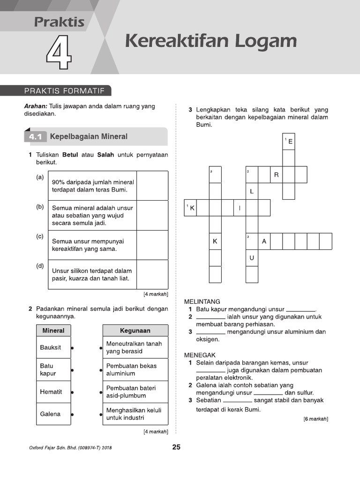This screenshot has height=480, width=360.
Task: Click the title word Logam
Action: coord(262,41)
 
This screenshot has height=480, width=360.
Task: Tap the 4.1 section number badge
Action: coord(35,137)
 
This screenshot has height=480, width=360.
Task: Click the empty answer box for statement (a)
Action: coord(152,186)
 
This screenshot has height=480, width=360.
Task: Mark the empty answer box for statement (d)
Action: coord(152,275)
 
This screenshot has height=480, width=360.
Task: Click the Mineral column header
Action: coord(53,330)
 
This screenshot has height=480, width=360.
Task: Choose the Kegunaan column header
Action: coord(135,330)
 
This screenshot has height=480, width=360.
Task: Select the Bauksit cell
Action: coord(53,348)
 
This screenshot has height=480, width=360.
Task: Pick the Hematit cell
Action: coord(53,392)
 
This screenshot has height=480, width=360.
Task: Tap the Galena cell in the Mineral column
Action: coord(53,414)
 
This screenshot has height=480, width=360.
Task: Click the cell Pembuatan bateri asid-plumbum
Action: coord(135,392)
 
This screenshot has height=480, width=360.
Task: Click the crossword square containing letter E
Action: coord(289,141)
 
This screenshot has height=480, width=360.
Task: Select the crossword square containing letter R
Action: coord(277,175)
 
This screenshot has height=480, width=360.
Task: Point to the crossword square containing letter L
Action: coord(252,191)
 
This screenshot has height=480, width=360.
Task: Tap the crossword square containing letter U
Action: coord(252,258)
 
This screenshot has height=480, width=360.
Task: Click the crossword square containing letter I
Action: coord(240,208)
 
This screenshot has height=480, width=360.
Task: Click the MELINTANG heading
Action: coord(202,301)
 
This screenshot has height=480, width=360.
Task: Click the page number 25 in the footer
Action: coord(176,447)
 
